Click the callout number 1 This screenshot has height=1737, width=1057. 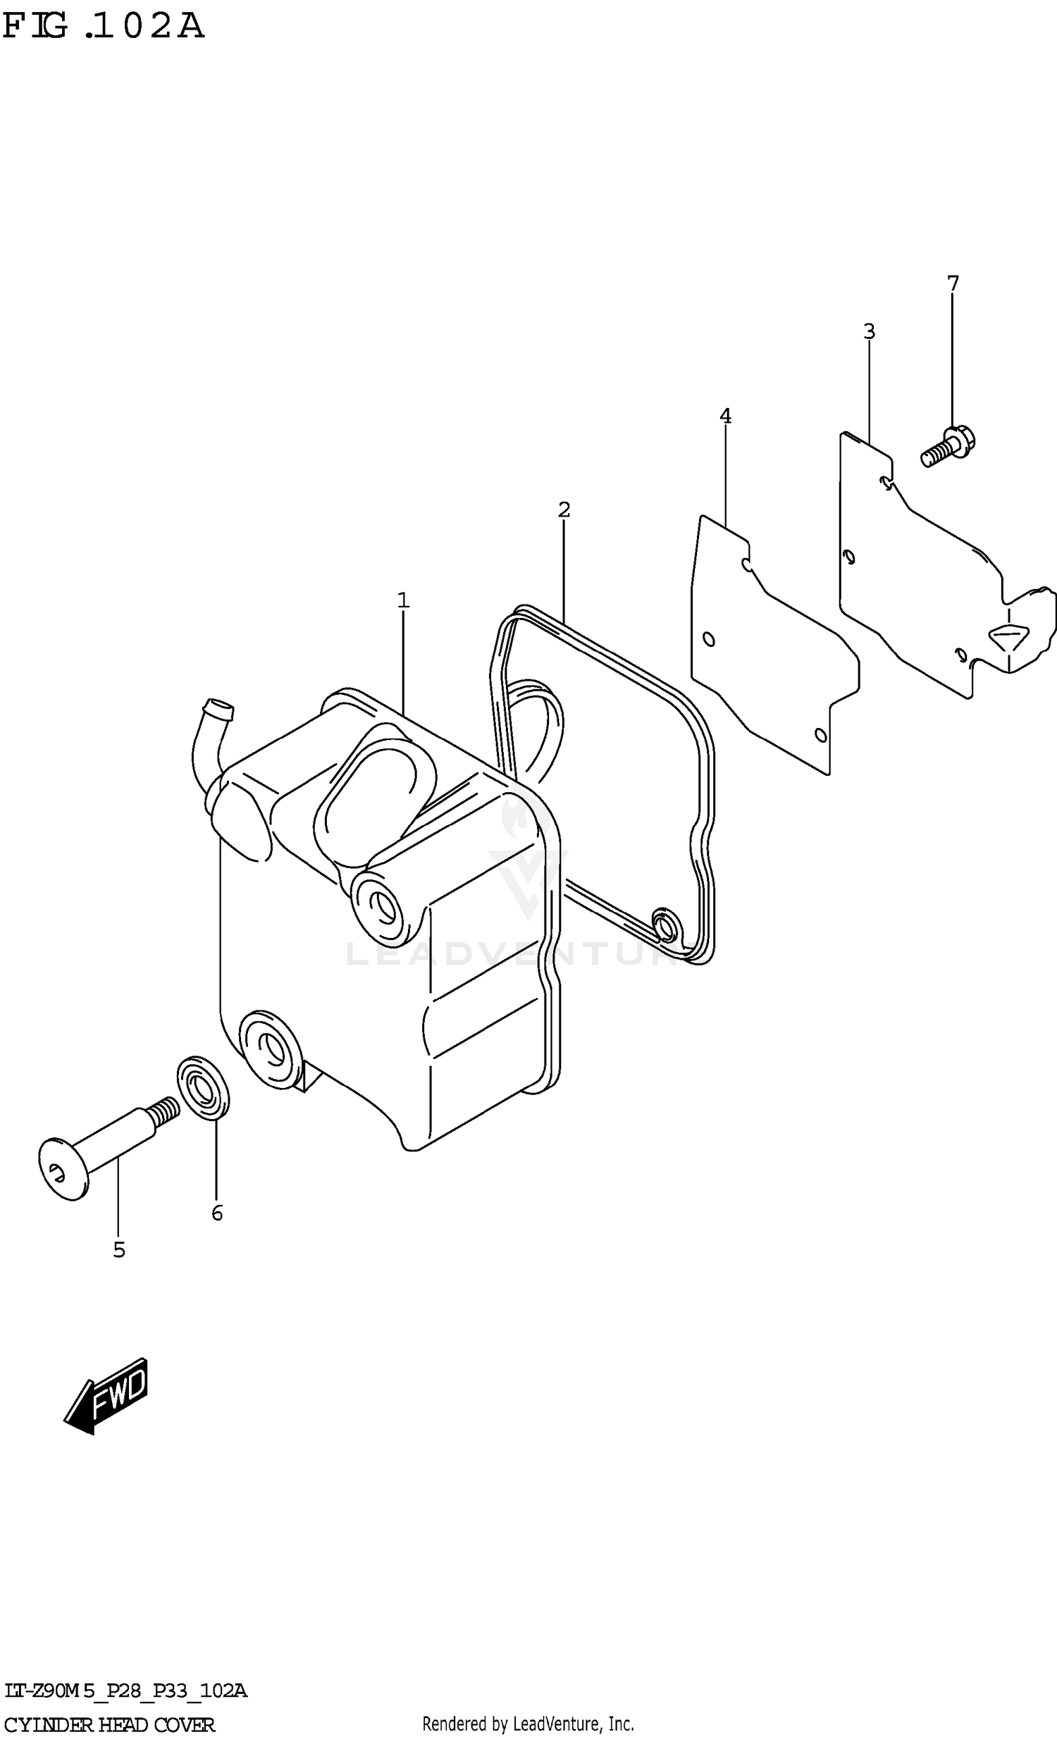402,600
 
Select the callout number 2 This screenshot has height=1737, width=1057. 564,509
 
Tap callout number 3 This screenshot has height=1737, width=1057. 869,330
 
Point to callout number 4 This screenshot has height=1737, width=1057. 725,416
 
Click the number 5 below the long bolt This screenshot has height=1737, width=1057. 119,1250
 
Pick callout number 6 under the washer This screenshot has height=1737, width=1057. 217,1213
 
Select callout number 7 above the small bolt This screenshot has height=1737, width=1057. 953,283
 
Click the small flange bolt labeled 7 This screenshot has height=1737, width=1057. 948,447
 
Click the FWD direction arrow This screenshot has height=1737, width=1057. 107,1395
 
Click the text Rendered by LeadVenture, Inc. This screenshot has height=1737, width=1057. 527,1723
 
